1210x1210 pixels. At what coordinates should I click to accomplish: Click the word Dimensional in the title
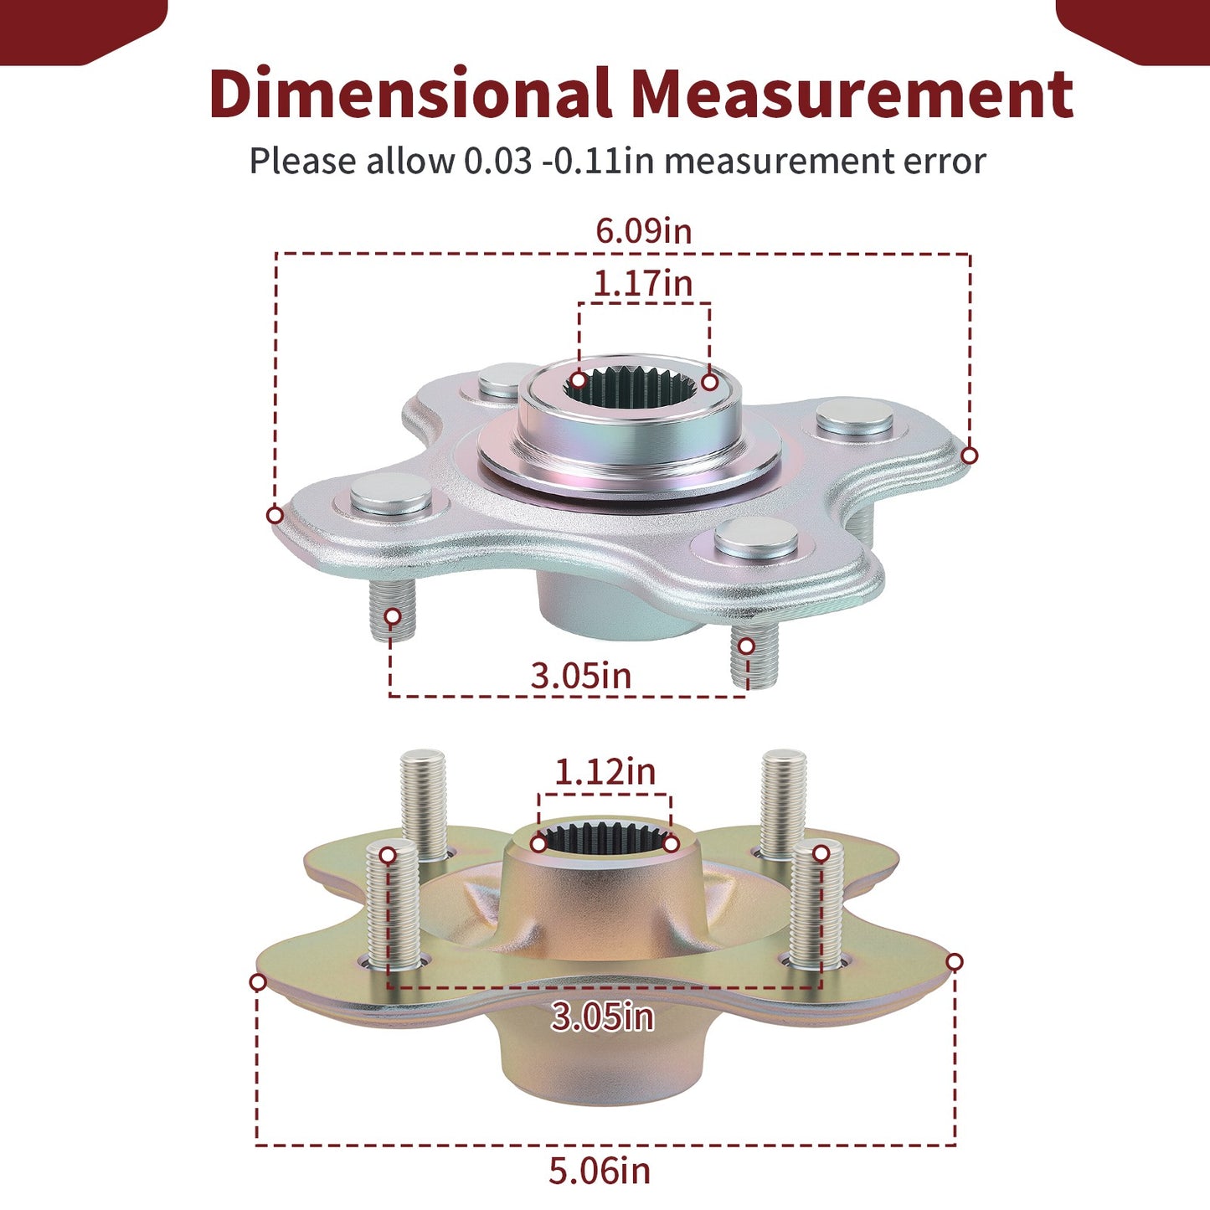click(x=410, y=94)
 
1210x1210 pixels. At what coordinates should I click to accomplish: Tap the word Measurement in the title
click(x=852, y=95)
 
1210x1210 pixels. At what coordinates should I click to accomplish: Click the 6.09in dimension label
click(x=643, y=230)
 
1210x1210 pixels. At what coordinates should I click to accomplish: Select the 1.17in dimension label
click(x=643, y=283)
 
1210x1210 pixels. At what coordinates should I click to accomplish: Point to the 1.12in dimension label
click(x=605, y=772)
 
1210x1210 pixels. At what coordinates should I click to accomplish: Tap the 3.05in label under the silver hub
click(x=581, y=676)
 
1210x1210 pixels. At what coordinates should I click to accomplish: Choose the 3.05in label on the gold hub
click(x=602, y=1017)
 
